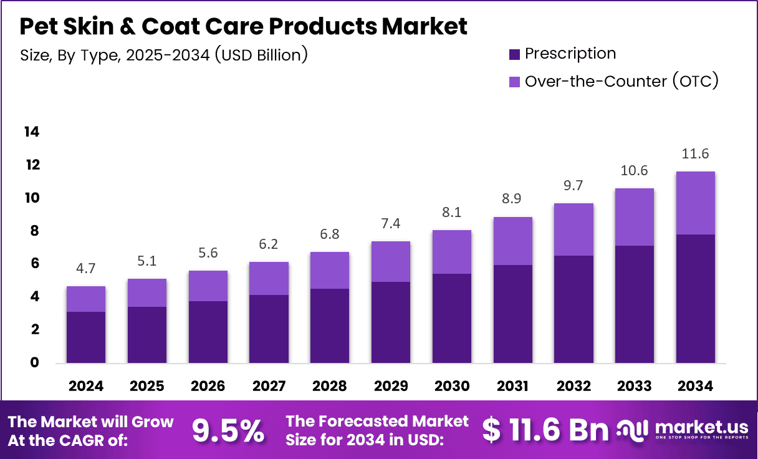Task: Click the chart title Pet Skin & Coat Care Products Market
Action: coord(244,27)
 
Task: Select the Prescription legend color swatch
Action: coord(514,55)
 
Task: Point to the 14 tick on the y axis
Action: coord(31,132)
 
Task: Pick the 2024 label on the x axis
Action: coord(86,386)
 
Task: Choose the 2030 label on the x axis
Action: coord(452,386)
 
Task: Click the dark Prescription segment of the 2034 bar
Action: coord(695,299)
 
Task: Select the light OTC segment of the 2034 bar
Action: coord(695,203)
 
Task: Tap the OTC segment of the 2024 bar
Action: coord(86,299)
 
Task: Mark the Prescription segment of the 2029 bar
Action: coord(391,322)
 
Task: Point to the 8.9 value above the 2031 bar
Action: coord(512,198)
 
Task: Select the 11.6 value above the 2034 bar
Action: coord(695,153)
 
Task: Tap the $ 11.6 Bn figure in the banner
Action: coord(545,430)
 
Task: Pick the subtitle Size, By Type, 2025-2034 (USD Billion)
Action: coord(164,55)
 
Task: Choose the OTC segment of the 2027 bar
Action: coord(269,278)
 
